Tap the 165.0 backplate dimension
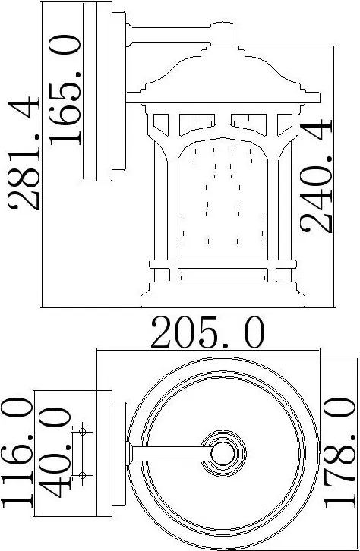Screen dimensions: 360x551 point(65,90)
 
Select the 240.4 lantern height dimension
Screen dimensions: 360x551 point(316,176)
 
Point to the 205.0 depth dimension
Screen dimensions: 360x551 point(207,332)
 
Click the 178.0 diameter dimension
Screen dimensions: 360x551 point(340,452)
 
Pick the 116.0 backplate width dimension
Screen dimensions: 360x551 point(17,452)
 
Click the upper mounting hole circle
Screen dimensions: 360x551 point(83,432)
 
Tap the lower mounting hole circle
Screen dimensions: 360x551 point(83,475)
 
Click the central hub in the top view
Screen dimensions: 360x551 point(223,453)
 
